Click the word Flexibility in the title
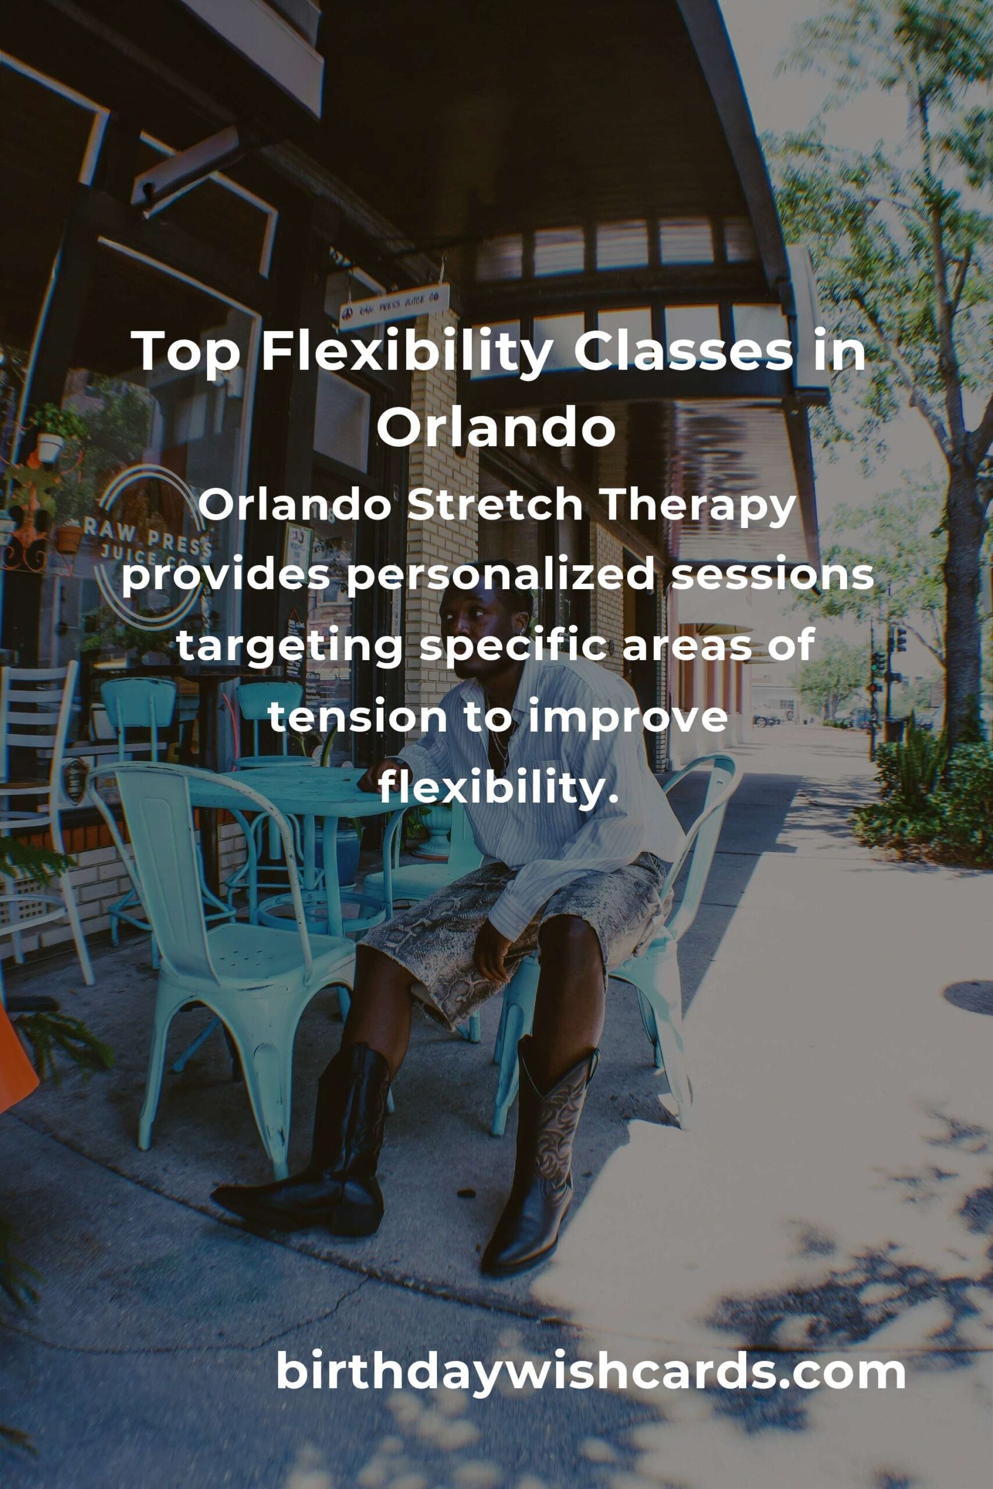(405, 352)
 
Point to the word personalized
(501, 579)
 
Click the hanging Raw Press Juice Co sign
(394, 306)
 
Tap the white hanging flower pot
(50, 447)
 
